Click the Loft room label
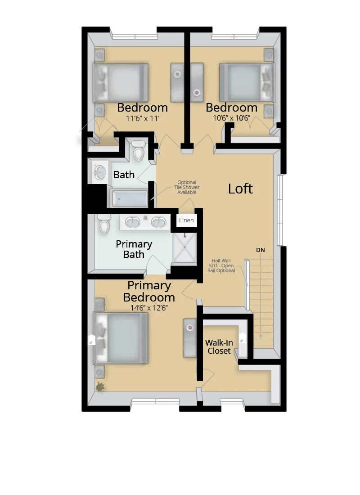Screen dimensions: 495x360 240,189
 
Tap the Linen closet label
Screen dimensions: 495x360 186,220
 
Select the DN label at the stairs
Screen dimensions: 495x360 261,249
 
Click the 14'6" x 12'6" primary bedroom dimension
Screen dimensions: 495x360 148,308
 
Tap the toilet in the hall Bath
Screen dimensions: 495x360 139,152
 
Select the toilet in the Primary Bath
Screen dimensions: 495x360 104,224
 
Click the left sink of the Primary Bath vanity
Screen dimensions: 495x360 132,222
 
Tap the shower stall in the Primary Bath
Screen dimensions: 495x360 185,247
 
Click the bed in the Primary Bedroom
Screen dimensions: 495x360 121,337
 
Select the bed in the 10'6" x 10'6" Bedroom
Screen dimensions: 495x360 246,82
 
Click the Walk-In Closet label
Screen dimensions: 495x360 219,346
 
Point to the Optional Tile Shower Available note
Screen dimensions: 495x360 187,188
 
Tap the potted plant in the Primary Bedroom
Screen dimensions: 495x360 100,386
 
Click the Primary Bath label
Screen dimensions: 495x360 134,249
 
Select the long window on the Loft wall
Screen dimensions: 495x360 281,210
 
